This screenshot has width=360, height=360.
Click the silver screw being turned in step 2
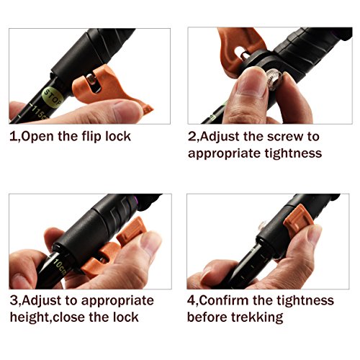(x=274, y=78)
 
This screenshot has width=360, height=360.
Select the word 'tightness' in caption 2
(x=293, y=153)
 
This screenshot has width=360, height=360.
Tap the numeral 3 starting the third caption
(x=13, y=301)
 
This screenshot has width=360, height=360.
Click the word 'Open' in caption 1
(x=37, y=137)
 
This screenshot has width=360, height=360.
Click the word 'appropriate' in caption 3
(x=117, y=302)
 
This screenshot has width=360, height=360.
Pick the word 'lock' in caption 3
(x=126, y=318)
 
